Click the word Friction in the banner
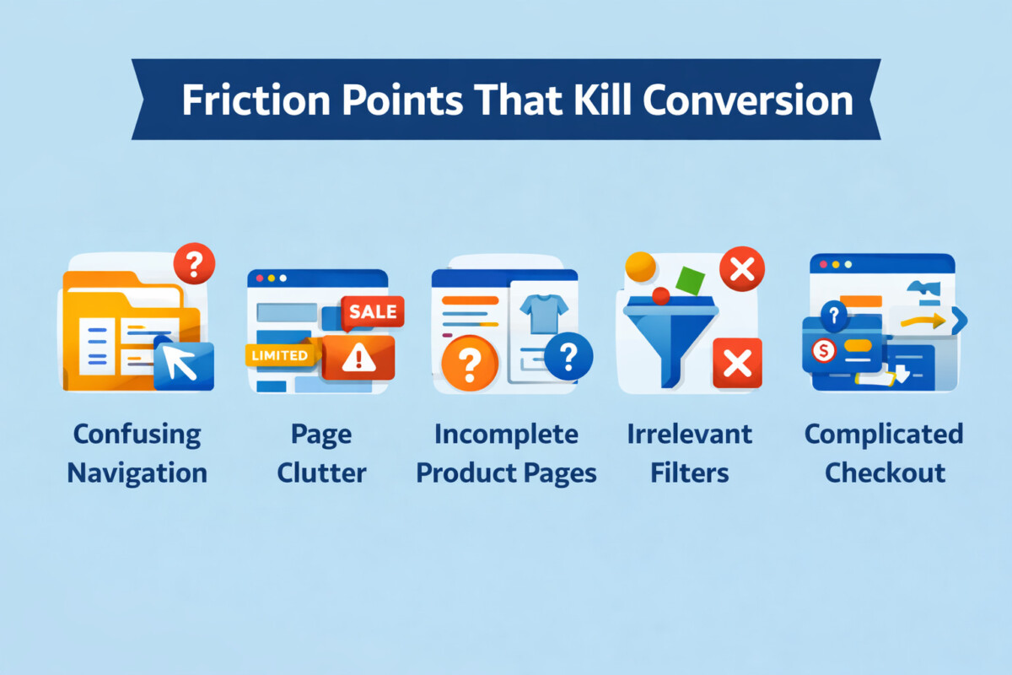point(256,100)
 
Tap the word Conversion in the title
point(748,100)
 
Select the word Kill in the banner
point(602,100)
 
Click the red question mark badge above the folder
point(194,263)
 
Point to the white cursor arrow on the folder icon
point(180,363)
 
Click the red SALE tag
point(373,312)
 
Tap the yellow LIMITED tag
point(280,355)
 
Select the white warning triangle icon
point(358,357)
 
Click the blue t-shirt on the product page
point(544,313)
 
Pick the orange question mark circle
point(470,363)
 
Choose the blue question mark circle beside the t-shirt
point(568,356)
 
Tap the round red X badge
point(742,269)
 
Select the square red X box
point(737,363)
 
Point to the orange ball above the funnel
point(640,267)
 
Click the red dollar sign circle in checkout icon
point(823,350)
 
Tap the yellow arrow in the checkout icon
point(923,321)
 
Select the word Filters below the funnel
point(690,472)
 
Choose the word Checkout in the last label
point(885,472)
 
